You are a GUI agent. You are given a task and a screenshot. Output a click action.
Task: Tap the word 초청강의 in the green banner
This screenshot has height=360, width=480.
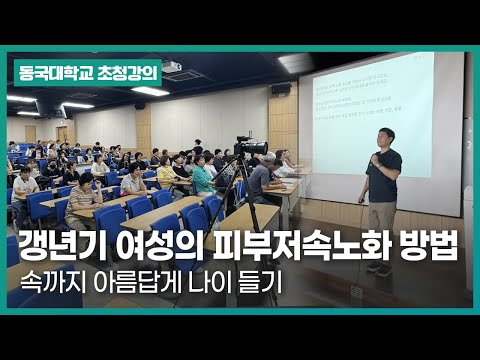112,73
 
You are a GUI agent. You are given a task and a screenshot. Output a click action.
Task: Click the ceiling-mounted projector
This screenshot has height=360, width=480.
171,68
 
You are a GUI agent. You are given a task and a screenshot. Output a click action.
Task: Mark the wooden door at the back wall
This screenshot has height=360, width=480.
61,133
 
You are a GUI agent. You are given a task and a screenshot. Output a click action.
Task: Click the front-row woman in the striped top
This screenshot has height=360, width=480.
86,190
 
